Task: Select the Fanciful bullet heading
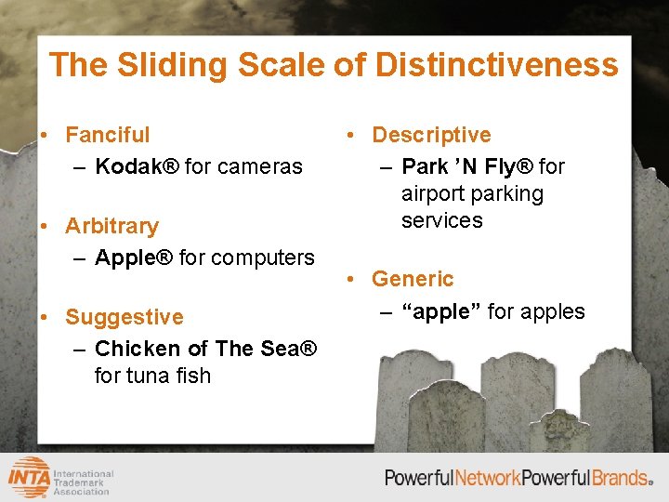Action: pyautogui.click(x=107, y=135)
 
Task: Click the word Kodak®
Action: pyautogui.click(x=137, y=166)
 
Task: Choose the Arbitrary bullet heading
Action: pyautogui.click(x=111, y=226)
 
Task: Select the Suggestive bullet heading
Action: pyautogui.click(x=125, y=317)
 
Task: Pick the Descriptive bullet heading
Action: pyautogui.click(x=431, y=135)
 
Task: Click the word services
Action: pyautogui.click(x=442, y=220)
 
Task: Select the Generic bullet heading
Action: pyautogui.click(x=413, y=279)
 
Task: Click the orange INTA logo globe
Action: pyautogui.click(x=30, y=478)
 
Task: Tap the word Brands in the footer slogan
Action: pyautogui.click(x=620, y=478)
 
